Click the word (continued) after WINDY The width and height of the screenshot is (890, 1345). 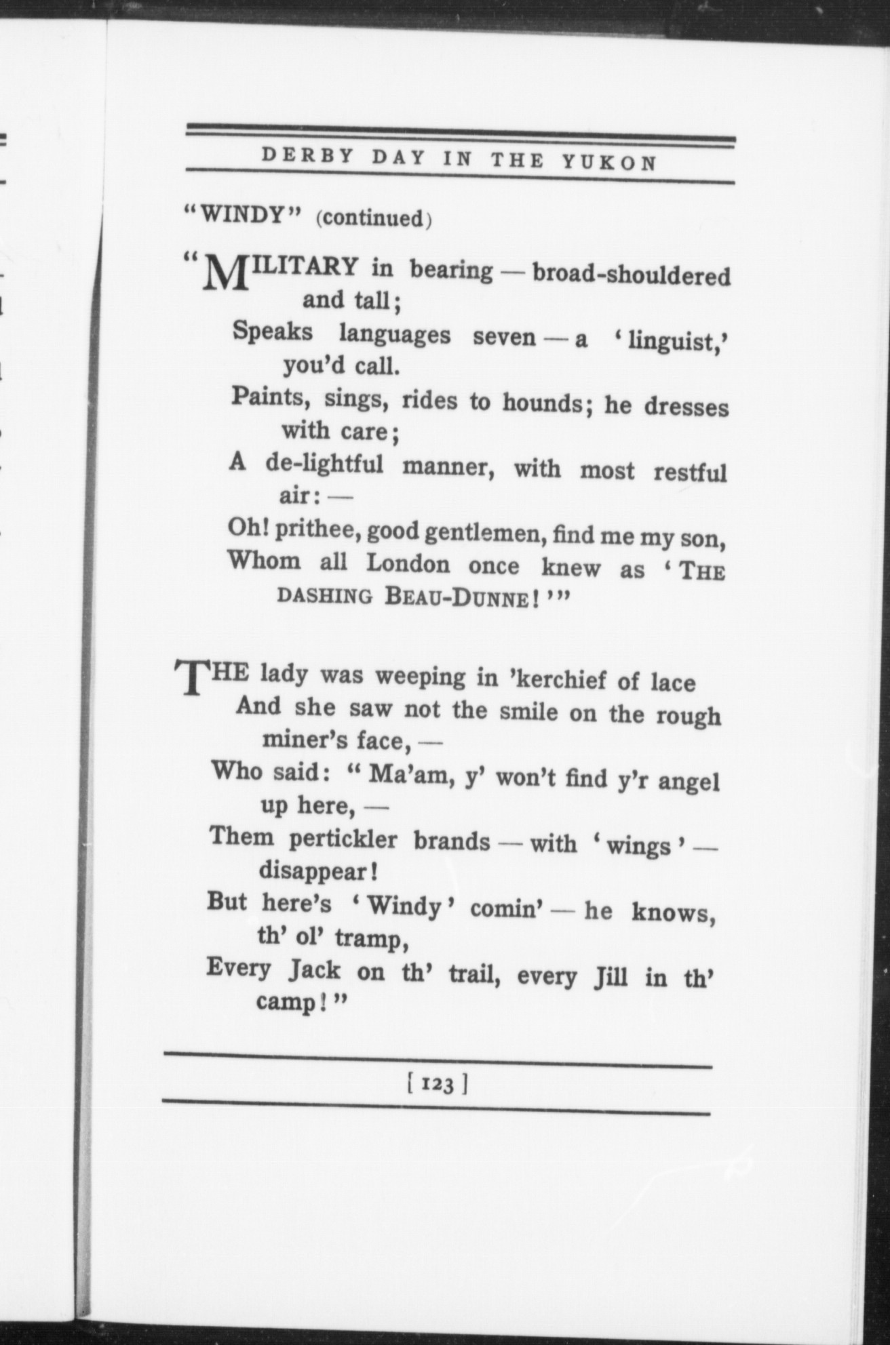pyautogui.click(x=374, y=218)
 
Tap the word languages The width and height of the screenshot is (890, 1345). pyautogui.click(x=394, y=334)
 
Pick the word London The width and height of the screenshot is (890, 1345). pyautogui.click(x=408, y=563)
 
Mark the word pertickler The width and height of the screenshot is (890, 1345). pyautogui.click(x=343, y=839)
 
